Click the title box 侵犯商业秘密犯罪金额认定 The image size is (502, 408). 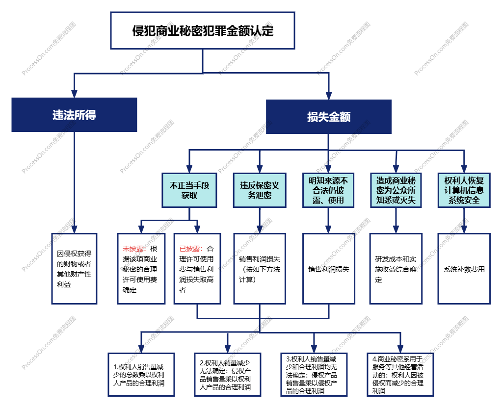point(202,31)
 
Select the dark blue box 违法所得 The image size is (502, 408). point(74,115)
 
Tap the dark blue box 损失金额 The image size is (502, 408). point(328,117)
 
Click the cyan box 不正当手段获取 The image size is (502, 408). point(189,190)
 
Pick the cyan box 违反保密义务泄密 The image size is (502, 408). point(259,190)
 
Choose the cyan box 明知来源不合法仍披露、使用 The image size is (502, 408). point(328,190)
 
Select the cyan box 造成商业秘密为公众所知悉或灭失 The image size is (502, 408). point(396,190)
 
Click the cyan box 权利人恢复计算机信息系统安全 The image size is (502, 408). point(464,190)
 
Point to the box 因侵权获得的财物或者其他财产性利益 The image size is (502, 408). point(74,268)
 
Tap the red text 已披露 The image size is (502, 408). point(189,249)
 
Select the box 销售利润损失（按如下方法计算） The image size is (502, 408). point(260,268)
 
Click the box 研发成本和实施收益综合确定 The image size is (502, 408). point(396,268)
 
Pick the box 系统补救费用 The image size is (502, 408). point(464,268)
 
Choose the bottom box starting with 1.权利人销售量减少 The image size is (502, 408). point(141,374)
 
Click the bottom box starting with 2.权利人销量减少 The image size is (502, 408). point(228,374)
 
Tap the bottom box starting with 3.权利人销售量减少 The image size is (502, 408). point(314,374)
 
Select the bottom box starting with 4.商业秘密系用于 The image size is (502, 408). point(400,374)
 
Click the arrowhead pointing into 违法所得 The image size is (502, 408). point(74,94)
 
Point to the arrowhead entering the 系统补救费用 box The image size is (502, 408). point(464,229)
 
